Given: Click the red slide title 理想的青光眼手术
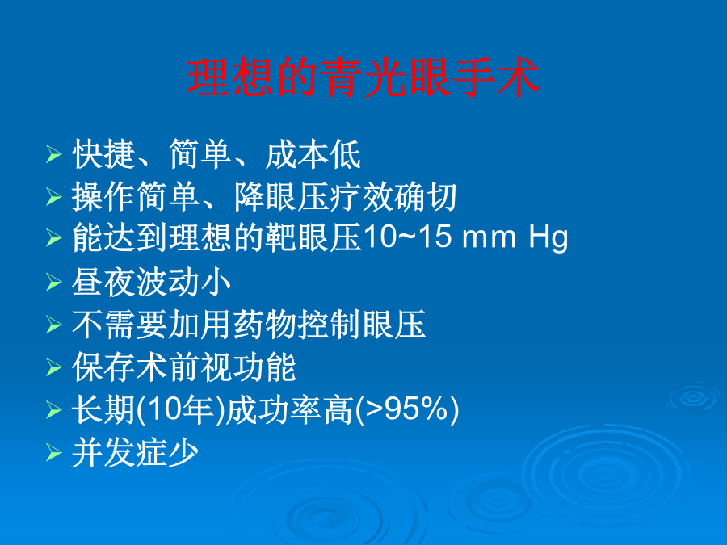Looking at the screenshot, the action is [363, 78].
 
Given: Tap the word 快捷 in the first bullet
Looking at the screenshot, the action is [104, 154].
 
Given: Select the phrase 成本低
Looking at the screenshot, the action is [313, 154].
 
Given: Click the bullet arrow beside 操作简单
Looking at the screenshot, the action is [54, 197].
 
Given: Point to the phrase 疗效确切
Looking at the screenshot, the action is [393, 197].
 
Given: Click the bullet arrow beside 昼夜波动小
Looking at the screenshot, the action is [54, 283].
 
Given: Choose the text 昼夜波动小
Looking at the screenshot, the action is [151, 283].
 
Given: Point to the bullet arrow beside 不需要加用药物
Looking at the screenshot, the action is [54, 325].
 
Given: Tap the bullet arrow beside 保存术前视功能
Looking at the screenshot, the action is [54, 367].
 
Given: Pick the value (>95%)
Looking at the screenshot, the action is [406, 409].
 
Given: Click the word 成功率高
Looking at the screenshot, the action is [290, 409].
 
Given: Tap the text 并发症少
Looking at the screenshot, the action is [136, 452].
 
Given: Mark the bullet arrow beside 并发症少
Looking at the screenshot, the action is [54, 452].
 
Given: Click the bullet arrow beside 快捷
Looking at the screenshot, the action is [54, 154].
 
